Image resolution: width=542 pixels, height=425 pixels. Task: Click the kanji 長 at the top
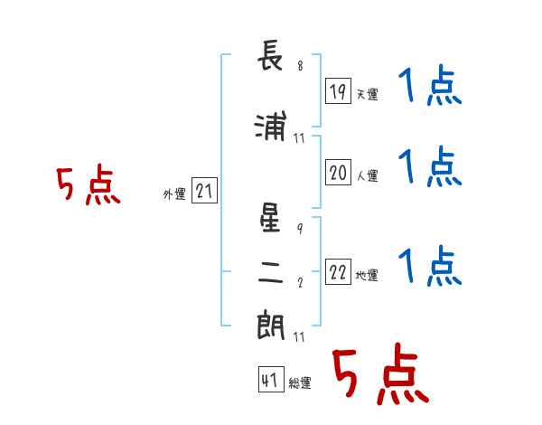tap(270, 55)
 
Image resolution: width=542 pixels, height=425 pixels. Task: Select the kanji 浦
tap(270, 126)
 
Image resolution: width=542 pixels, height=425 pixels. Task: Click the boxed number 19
tap(338, 90)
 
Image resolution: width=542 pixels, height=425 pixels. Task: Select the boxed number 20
tap(338, 172)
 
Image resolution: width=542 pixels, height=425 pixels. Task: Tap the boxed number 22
tap(338, 271)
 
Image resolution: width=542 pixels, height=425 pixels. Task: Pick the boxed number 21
tap(204, 190)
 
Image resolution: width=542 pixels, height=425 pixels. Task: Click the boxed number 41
tap(271, 379)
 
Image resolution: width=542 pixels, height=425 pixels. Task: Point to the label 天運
tap(367, 94)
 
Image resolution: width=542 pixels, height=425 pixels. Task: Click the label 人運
tap(368, 175)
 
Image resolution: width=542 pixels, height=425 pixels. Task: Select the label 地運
tap(367, 275)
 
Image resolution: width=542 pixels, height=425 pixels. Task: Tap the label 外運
tap(174, 194)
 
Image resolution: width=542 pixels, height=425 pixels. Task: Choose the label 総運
tap(300, 382)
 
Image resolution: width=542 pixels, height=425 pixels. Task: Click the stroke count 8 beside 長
tap(301, 65)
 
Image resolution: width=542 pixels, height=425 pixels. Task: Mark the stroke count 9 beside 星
tap(300, 229)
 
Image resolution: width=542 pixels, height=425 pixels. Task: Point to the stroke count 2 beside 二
tap(300, 282)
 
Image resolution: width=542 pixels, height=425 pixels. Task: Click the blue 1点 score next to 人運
tap(430, 166)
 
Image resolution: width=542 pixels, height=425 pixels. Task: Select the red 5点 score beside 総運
tap(380, 373)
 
